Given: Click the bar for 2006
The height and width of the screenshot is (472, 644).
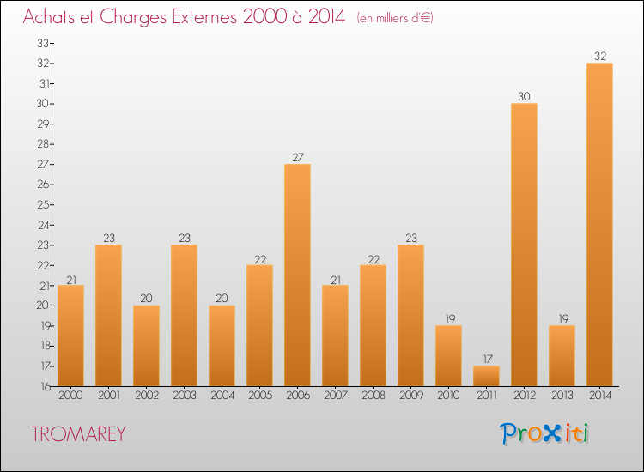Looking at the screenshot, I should point(297,275).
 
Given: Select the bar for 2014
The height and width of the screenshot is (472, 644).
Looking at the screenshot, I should point(599,224).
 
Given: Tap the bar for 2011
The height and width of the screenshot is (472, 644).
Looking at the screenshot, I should point(486,376).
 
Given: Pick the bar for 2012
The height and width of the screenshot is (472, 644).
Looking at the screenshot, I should point(524,245).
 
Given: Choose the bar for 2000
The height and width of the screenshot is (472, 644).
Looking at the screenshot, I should point(70,336).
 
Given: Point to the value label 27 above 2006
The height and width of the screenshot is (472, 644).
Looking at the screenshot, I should point(297,157).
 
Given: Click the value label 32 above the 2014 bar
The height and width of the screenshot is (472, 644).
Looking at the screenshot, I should point(599,57).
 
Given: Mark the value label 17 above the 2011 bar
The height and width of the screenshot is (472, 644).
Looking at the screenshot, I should point(486,359).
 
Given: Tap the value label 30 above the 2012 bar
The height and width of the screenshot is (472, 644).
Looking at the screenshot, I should point(524,97).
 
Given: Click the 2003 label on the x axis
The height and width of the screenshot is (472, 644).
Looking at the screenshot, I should point(184,396).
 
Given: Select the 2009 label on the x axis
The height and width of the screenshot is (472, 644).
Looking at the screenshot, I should point(410,396).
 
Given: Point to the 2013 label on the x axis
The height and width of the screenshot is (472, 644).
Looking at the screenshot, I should point(562,396).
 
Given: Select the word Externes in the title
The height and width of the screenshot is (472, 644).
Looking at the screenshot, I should point(198,17).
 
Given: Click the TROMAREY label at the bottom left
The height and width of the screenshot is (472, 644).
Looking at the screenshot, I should point(79,434).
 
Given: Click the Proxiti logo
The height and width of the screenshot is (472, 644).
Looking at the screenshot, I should point(545,433).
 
